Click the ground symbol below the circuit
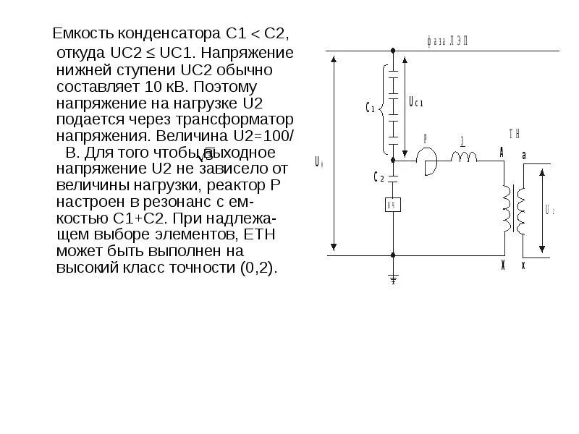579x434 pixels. point(393,278)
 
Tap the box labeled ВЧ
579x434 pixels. point(393,205)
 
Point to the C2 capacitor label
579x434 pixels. point(379,177)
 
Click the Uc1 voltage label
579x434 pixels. point(415,103)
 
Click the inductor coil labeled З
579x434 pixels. point(464,156)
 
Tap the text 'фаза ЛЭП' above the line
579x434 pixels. point(447,41)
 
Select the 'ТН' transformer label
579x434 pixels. point(515,134)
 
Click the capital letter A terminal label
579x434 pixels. point(501,151)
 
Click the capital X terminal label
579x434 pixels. point(502,266)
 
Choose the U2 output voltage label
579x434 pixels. point(549,210)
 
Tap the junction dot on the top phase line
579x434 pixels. point(393,51)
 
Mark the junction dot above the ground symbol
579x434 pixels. point(393,255)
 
